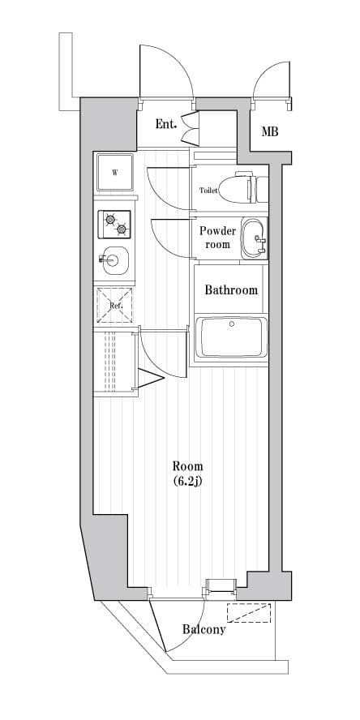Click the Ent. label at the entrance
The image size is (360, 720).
[x=165, y=124]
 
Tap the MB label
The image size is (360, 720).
[x=270, y=132]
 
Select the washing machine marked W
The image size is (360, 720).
[x=115, y=173]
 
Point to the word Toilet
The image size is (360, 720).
[x=208, y=191]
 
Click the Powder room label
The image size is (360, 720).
[x=217, y=238]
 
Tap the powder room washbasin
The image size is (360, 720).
[x=254, y=238]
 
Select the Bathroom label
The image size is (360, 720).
[x=231, y=289]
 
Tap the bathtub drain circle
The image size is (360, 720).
[x=232, y=324]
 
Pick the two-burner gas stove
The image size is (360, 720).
[x=114, y=225]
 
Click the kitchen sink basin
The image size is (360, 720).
[x=114, y=260]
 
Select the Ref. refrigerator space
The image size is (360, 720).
[x=114, y=305]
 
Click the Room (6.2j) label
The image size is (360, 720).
[x=188, y=474]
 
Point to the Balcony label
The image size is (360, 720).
[x=204, y=629]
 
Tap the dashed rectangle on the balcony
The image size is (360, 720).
[x=249, y=613]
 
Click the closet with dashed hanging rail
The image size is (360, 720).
[x=115, y=362]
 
